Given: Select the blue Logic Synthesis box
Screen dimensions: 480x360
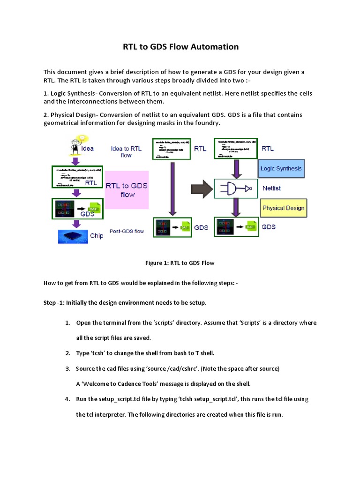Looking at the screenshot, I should tap(281, 168).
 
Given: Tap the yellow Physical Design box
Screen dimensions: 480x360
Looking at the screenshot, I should tap(283, 208).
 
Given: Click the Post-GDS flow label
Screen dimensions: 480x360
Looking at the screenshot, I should tap(127, 231).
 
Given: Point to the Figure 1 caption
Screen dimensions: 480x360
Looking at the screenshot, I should tap(180, 263).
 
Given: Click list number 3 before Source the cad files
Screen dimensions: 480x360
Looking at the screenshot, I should tap(67, 369).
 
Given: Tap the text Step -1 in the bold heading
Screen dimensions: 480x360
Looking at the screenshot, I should tap(53, 303).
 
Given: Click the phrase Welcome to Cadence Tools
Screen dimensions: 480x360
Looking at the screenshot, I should tap(121, 384).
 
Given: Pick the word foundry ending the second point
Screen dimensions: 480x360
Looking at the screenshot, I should tap(208, 123).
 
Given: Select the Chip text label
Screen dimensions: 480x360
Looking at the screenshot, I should tap(97, 236).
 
